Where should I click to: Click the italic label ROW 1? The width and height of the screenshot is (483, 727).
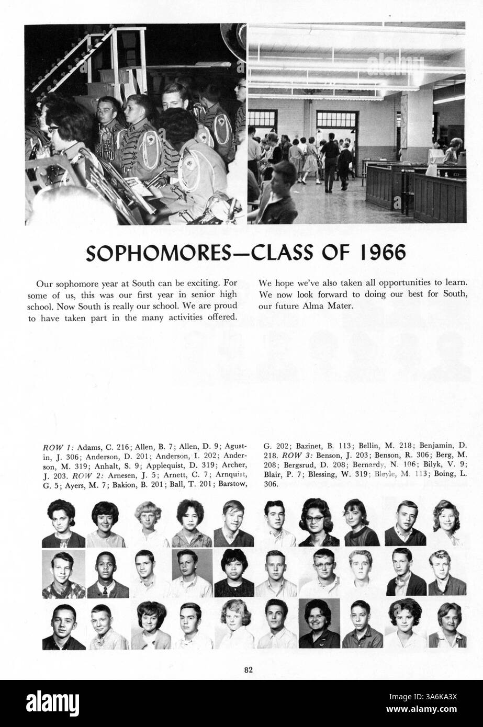click(58, 448)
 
